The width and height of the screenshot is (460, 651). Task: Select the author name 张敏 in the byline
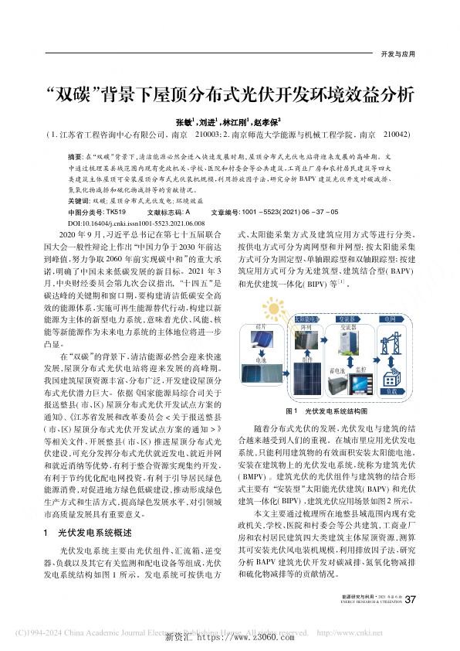coord(184,121)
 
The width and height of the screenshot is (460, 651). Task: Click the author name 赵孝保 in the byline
coord(269,121)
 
